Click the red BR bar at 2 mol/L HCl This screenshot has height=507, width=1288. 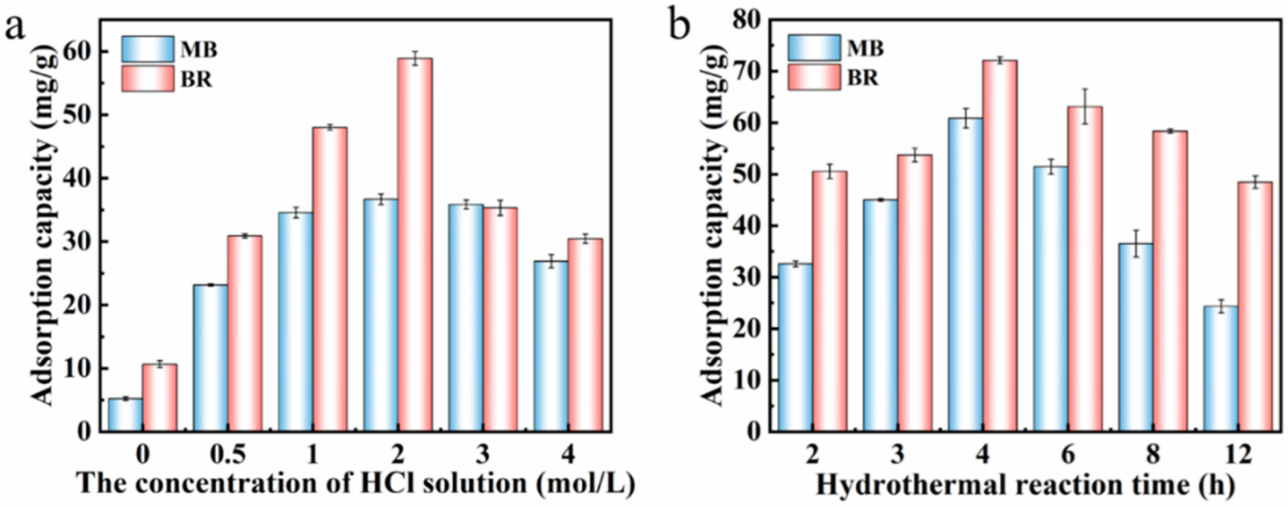pos(414,244)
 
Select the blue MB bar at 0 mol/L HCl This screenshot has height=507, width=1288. pos(125,415)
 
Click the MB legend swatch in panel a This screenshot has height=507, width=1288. pos(147,50)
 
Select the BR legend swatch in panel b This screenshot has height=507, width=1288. pos(814,77)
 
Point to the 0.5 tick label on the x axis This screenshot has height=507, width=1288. pos(227,455)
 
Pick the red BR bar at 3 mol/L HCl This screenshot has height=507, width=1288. pos(499,319)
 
